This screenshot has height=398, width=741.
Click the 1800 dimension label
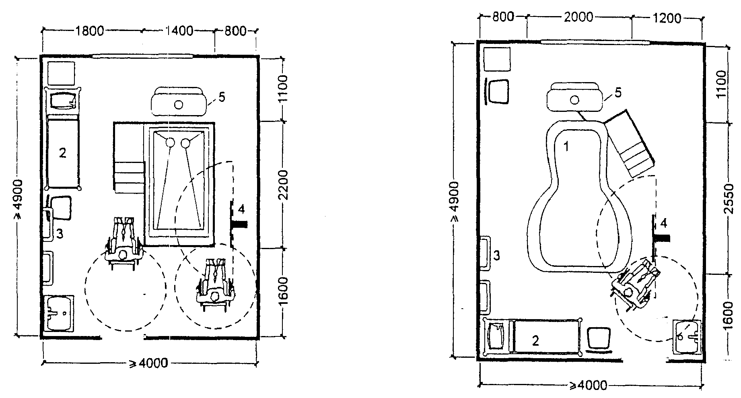tap(89, 31)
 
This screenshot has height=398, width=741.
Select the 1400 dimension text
tap(178, 31)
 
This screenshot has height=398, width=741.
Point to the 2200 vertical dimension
tap(284, 185)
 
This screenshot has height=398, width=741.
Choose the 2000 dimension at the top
tap(578, 17)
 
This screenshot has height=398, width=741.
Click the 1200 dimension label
tap(667, 19)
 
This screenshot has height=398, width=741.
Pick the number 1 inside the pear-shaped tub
tap(566, 147)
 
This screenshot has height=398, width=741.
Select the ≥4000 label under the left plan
tap(148, 363)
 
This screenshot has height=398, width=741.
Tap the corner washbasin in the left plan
tap(59, 313)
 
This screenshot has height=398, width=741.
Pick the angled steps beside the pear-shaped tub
tap(630, 144)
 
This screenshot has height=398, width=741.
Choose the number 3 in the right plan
tap(497, 255)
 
